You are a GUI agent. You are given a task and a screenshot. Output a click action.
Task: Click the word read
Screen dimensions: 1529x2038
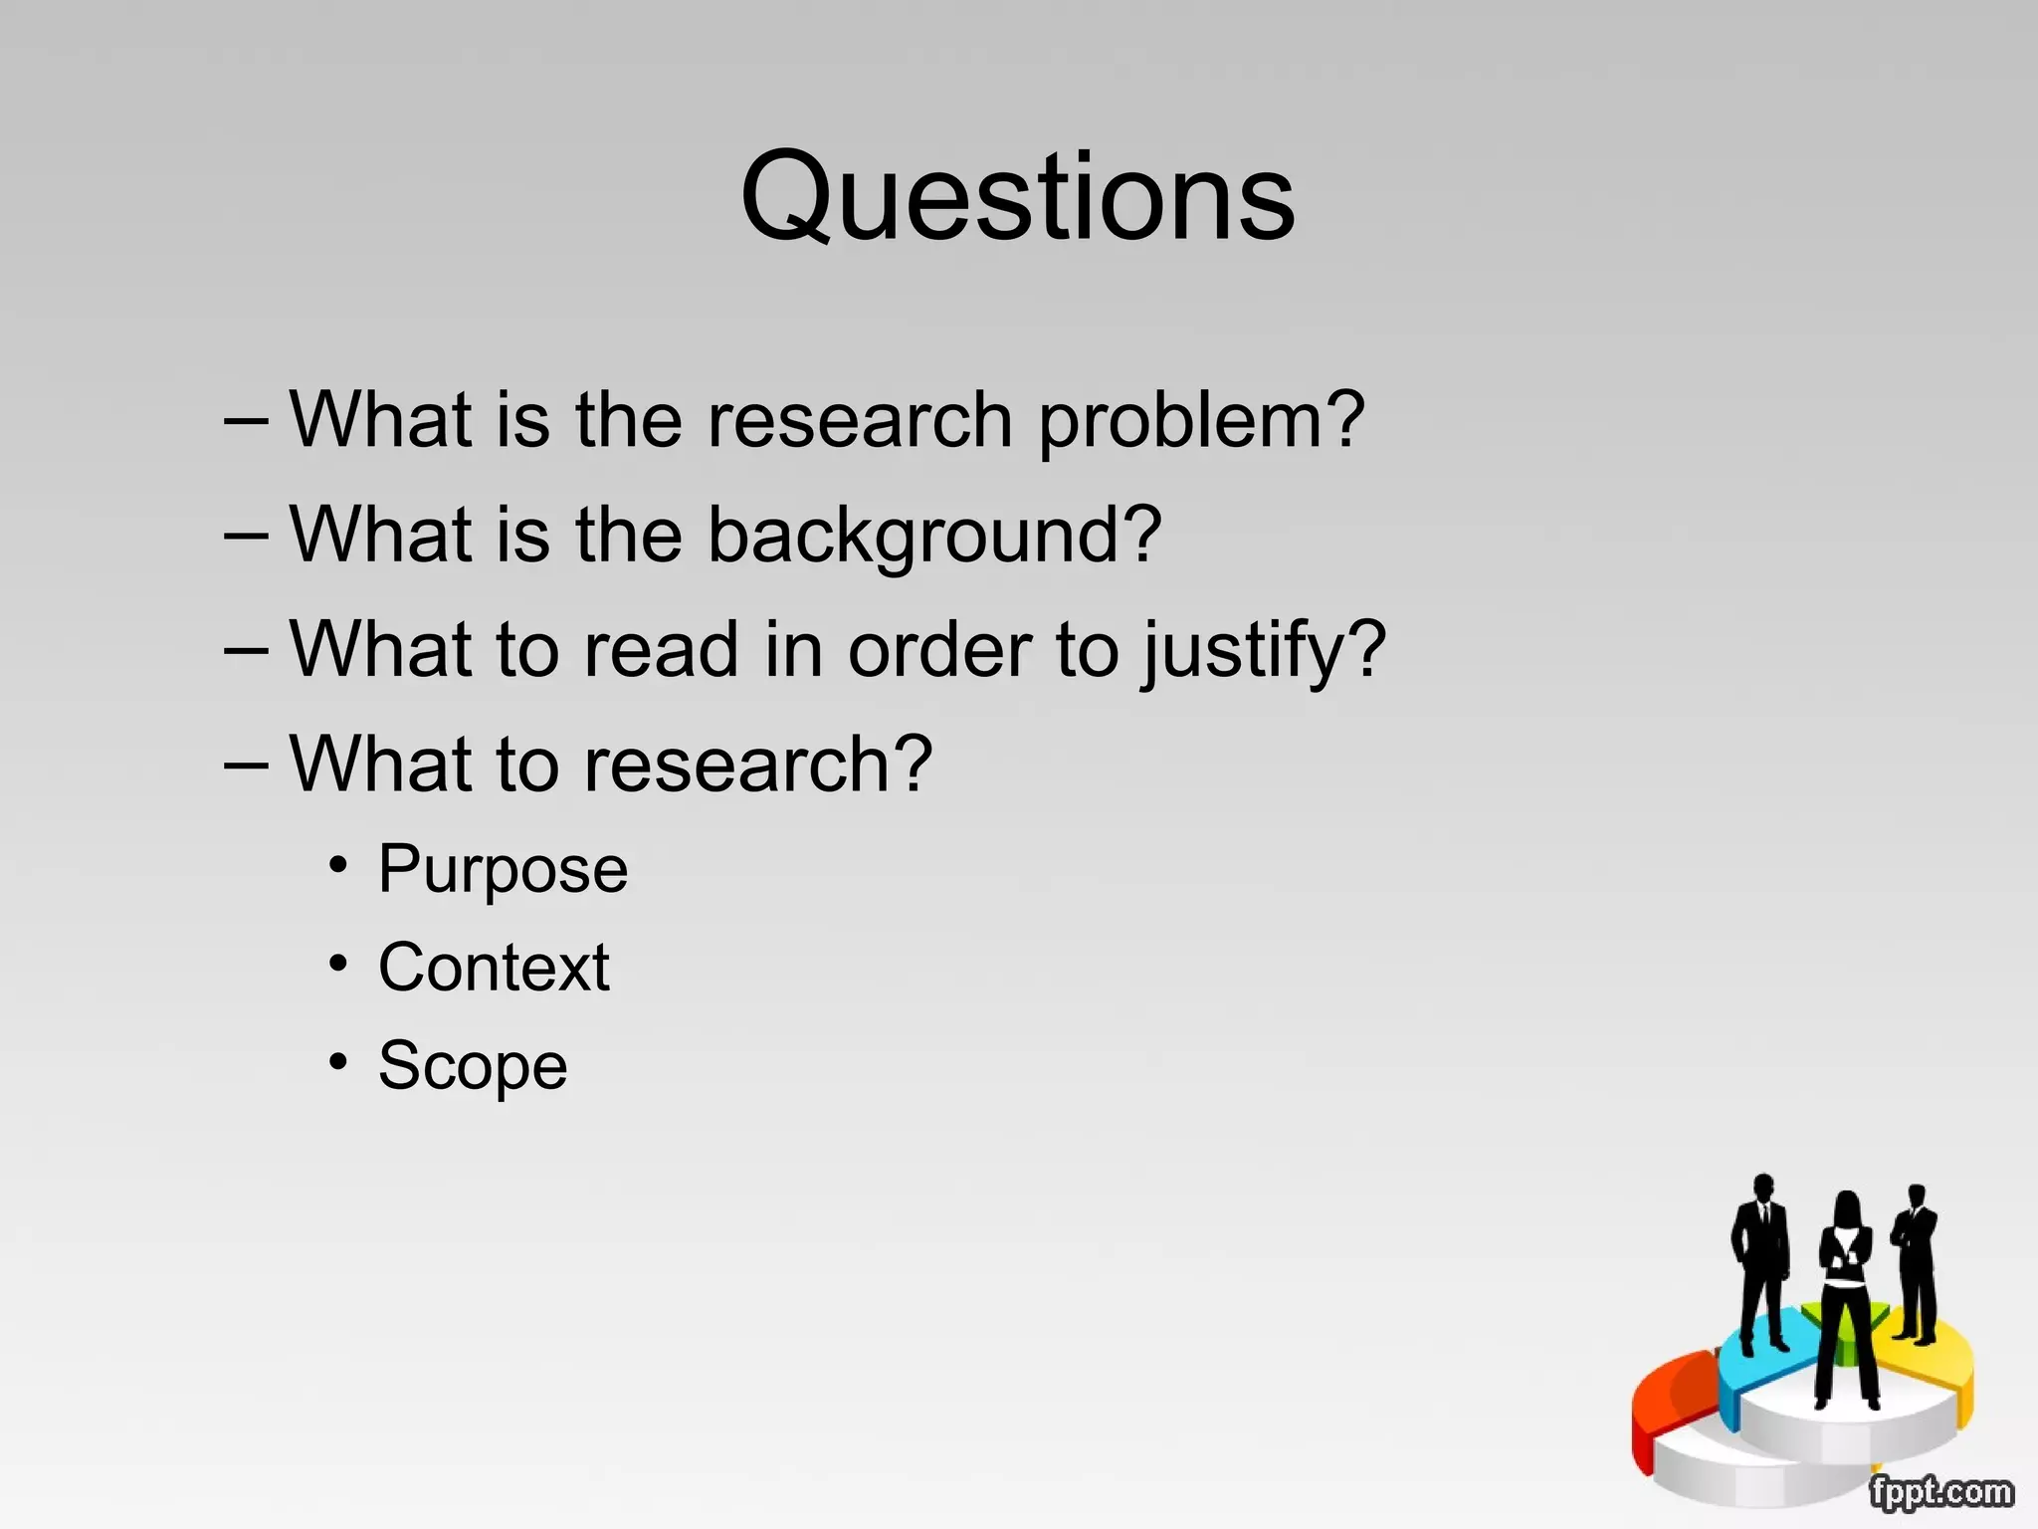click(x=661, y=651)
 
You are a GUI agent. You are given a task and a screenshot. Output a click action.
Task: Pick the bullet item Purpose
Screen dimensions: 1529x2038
click(x=503, y=870)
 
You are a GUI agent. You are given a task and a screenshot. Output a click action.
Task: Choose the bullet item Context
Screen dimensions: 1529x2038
click(x=494, y=968)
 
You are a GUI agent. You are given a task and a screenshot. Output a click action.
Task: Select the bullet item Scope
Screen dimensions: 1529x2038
click(x=473, y=1066)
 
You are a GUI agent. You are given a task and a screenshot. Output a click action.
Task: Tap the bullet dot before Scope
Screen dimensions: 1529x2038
click(x=339, y=1062)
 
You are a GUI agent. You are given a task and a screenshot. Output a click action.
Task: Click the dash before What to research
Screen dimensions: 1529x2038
click(x=246, y=764)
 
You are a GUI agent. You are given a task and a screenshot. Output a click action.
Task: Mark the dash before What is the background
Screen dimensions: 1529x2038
click(x=246, y=536)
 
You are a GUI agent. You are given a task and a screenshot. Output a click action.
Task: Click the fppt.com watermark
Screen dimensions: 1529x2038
click(x=1939, y=1492)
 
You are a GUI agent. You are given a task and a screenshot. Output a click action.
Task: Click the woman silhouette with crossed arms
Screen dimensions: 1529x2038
click(x=1846, y=1294)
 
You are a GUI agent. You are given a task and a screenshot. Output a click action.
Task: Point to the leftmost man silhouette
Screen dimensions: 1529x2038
click(x=1762, y=1259)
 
